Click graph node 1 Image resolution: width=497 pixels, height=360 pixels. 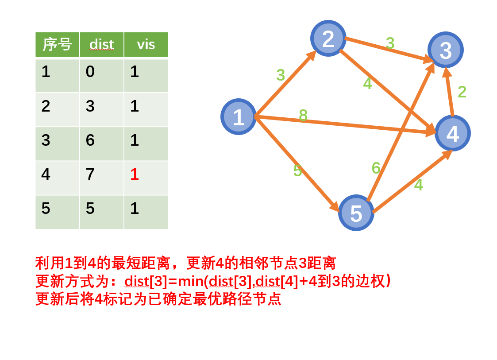tap(238, 117)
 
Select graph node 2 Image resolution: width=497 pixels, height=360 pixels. tap(328, 39)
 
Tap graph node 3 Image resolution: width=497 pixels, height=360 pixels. tap(445, 50)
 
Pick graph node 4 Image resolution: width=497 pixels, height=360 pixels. tap(452, 133)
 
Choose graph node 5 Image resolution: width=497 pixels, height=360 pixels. tap(356, 213)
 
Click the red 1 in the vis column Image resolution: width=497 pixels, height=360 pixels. tap(135, 174)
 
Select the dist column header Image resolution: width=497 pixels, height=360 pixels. tap(101, 44)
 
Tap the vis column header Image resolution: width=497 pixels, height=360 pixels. tap(146, 44)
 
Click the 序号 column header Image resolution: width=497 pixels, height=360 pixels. tap(57, 44)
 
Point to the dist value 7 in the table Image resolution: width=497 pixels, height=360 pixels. tap(90, 174)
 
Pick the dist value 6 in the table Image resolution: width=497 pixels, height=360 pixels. tap(90, 140)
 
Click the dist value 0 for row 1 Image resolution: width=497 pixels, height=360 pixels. tap(90, 72)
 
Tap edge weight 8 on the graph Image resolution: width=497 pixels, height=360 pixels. tap(303, 116)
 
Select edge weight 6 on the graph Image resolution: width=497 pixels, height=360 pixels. tap(376, 168)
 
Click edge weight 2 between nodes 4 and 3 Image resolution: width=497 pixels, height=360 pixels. tap(462, 92)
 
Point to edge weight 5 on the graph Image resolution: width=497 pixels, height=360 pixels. tap(297, 171)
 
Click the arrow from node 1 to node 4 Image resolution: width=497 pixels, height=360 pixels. tap(354, 125)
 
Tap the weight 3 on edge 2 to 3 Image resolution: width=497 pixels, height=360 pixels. tap(390, 43)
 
